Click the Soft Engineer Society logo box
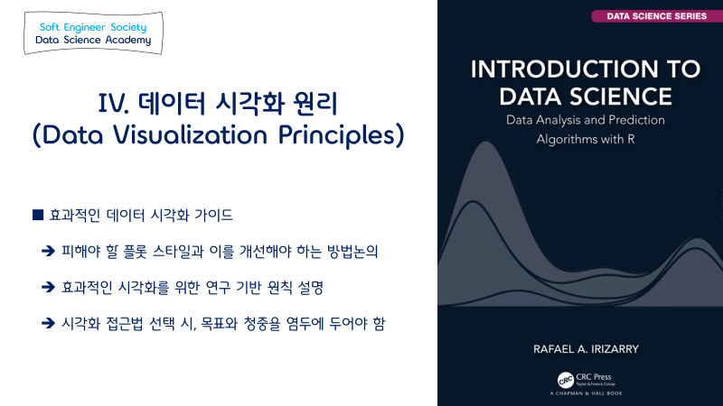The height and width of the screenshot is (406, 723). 93,33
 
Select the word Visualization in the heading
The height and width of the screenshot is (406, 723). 191,134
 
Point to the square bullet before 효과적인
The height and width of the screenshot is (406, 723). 38,215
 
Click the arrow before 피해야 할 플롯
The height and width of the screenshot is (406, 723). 48,251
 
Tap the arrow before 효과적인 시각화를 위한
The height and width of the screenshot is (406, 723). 48,287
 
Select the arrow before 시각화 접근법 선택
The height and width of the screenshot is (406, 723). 48,323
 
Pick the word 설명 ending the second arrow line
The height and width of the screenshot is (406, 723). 310,287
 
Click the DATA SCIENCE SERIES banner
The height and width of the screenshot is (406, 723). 657,16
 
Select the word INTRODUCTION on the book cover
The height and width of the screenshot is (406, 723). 559,69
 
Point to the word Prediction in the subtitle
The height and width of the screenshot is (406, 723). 637,120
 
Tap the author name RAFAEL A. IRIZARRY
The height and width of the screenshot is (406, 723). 586,349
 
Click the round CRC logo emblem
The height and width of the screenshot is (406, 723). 566,380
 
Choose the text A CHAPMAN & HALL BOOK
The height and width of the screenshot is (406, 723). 586,393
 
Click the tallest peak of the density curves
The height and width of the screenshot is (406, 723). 486,142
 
